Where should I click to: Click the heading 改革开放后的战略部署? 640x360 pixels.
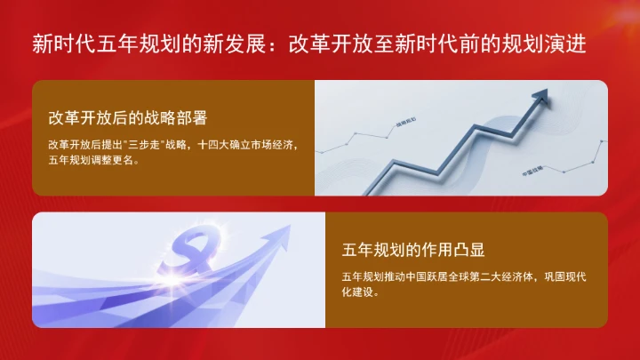coord(121,117)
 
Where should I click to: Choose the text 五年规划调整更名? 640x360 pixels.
coord(92,162)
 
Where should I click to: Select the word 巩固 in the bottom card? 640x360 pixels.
coord(558,276)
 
